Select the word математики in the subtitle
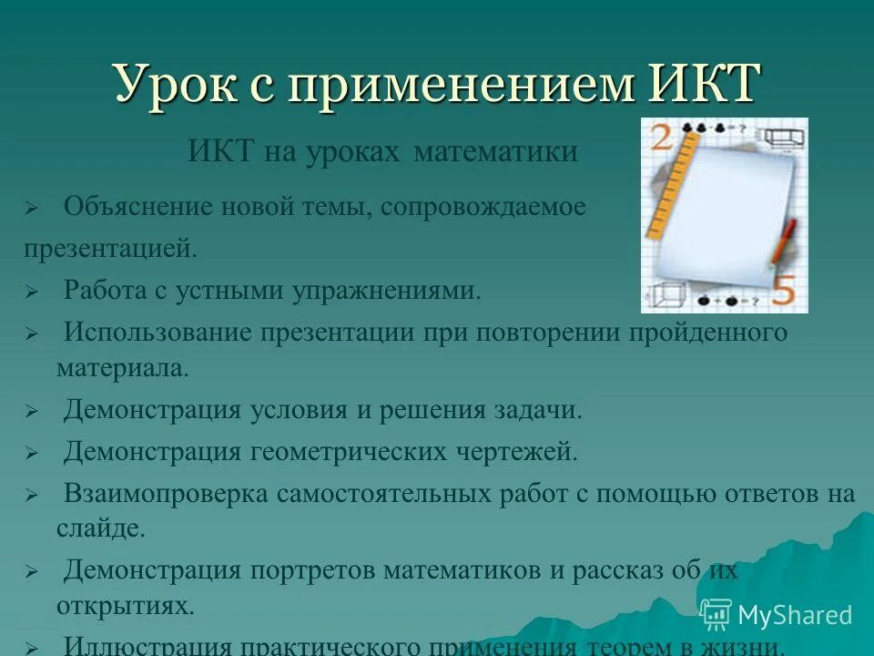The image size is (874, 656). (495, 151)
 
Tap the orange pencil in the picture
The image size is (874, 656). (783, 241)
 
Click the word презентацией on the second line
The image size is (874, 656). (110, 248)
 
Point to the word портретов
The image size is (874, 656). (310, 571)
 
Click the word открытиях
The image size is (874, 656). (125, 605)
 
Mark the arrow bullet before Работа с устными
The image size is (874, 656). (30, 292)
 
